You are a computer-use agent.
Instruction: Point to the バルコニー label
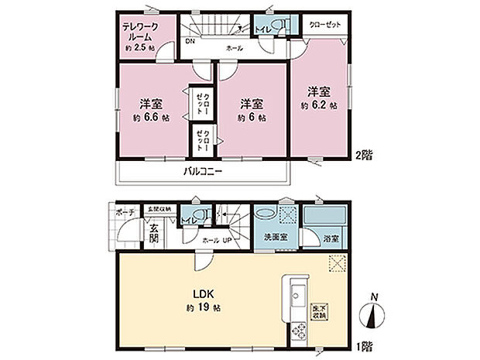[x=203, y=170]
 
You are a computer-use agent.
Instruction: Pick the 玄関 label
[x=154, y=232]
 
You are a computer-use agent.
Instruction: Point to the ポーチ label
[x=127, y=211]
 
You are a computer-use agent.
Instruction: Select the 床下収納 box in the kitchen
[x=319, y=311]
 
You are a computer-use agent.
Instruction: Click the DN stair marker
[x=190, y=42]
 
